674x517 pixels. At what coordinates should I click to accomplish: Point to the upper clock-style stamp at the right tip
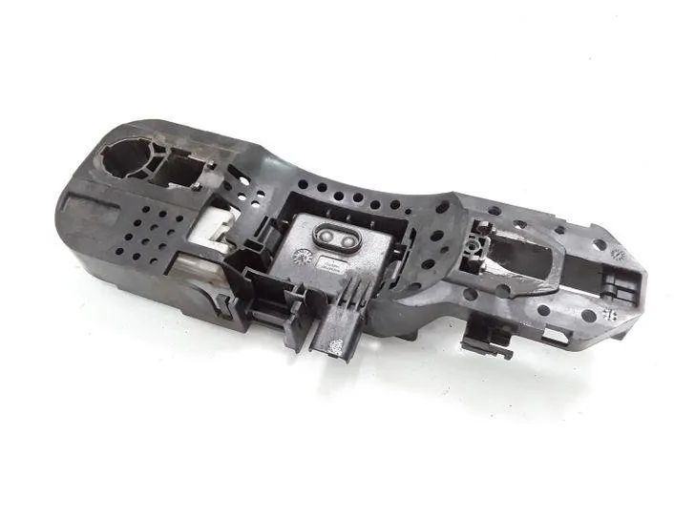tap(618, 255)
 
